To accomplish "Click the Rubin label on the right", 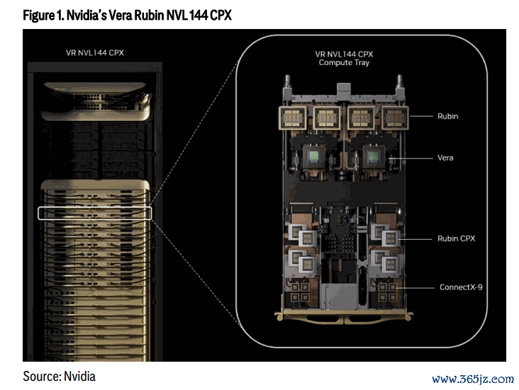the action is pos(447,116).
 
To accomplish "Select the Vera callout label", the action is pos(445,158).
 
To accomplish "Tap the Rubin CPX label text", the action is pos(456,239).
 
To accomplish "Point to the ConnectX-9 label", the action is pos(461,287).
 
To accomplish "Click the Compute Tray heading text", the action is pos(344,63).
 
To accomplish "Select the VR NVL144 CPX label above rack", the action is pos(95,53).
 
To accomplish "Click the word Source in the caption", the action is pos(42,377).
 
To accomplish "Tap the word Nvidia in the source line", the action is pos(79,377).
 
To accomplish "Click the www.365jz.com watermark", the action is pos(473,379).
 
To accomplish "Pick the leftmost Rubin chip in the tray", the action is pos(293,117).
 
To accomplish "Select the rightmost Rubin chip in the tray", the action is pos(395,117).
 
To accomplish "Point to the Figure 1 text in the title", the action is pos(43,15).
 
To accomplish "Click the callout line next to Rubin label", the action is pos(421,116).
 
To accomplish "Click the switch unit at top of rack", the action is pos(96,101).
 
